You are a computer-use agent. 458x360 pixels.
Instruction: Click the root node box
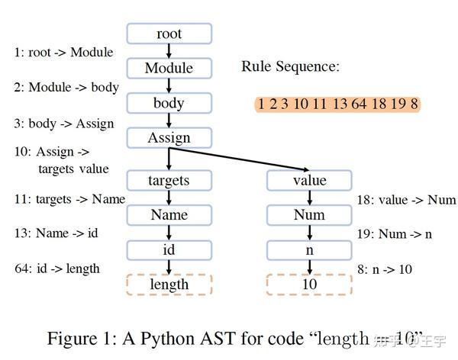(x=169, y=34)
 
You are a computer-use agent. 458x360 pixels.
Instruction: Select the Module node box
(x=169, y=68)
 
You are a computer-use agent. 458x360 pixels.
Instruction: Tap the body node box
(x=169, y=103)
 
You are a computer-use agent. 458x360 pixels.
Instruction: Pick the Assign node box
(x=169, y=138)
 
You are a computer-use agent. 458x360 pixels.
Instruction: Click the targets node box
(x=169, y=180)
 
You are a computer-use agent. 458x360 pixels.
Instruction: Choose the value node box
(x=309, y=180)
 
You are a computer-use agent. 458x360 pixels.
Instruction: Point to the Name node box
(x=169, y=214)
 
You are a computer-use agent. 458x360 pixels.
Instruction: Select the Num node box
(x=309, y=214)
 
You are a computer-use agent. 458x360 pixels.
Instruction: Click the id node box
(x=169, y=249)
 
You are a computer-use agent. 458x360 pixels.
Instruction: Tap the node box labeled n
(x=309, y=249)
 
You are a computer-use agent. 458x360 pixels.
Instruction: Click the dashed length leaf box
(x=169, y=284)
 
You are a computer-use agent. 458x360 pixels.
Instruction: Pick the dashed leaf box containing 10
(x=309, y=284)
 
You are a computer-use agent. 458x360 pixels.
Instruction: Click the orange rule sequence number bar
(x=337, y=104)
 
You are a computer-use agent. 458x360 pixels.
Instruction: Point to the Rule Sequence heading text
(x=290, y=66)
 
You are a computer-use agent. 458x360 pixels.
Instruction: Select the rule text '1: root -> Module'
(x=63, y=53)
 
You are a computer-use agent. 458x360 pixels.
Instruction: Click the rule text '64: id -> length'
(x=56, y=268)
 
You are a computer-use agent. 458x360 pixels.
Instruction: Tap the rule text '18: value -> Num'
(x=406, y=200)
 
